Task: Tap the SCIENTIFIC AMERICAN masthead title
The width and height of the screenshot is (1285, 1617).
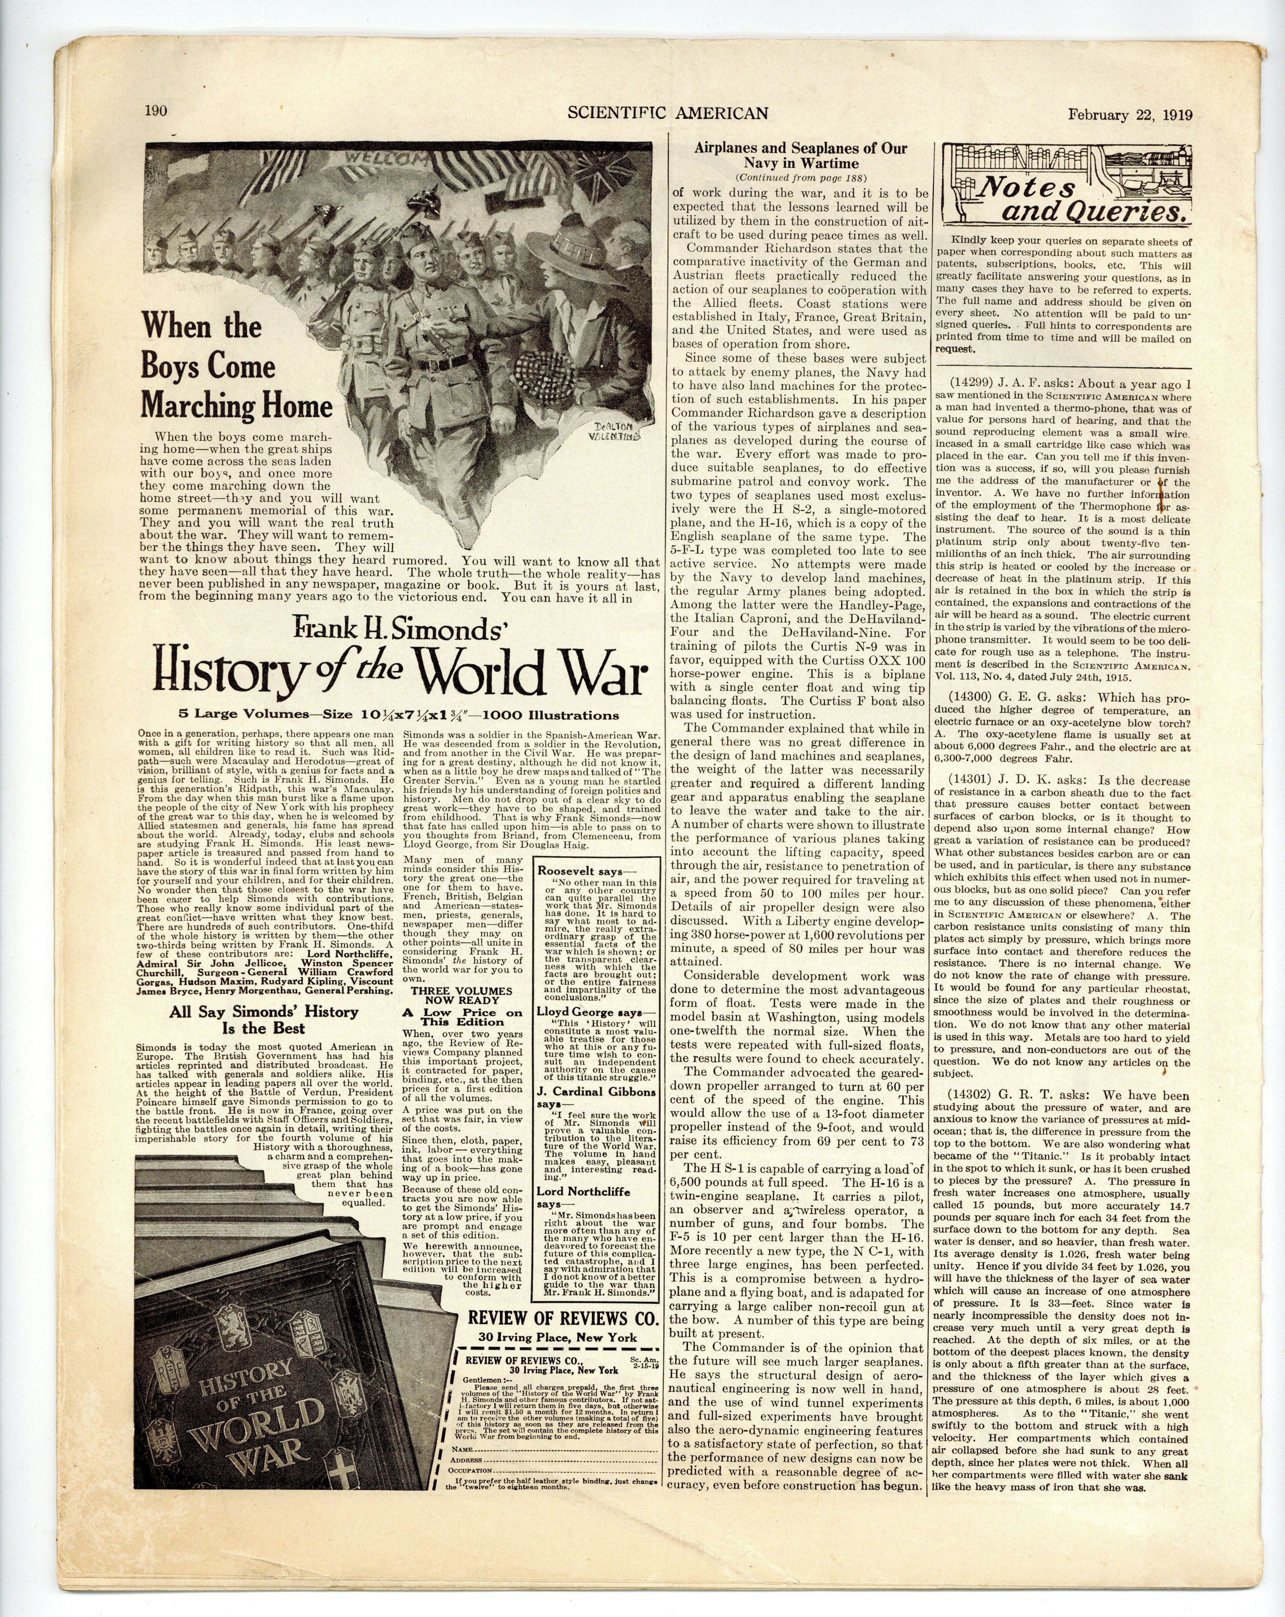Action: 667,113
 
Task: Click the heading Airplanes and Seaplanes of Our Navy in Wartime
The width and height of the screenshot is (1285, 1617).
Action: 800,155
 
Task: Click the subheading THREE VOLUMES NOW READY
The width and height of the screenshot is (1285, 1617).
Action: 457,995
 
